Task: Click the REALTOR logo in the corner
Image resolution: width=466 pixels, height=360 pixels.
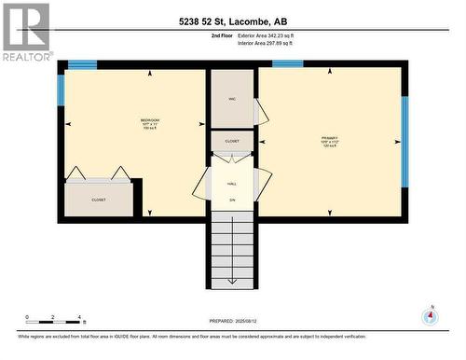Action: click(26, 32)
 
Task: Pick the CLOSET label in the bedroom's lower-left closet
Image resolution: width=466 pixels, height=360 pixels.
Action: click(98, 200)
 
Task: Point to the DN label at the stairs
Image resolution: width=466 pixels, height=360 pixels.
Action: click(232, 200)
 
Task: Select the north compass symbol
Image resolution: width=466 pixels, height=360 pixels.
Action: click(430, 315)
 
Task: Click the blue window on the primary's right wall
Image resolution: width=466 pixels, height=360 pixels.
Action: click(404, 140)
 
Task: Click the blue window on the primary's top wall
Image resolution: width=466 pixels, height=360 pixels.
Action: click(287, 64)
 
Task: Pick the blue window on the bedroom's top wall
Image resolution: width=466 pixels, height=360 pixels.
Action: click(82, 64)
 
